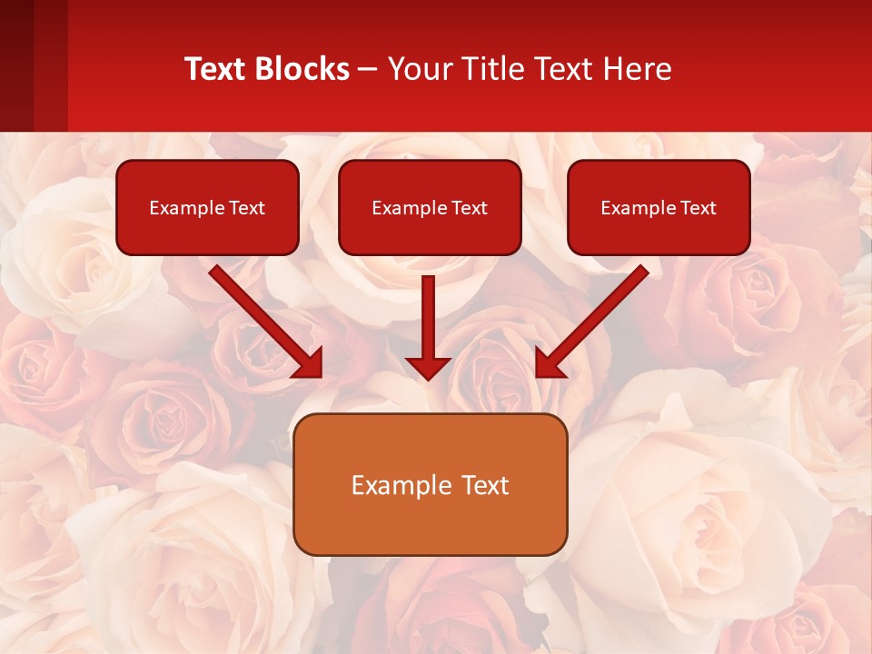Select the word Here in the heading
coord(635,69)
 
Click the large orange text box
coord(430,522)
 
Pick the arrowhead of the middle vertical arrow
coord(428,368)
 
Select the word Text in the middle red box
coord(470,208)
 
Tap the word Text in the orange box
coord(484,485)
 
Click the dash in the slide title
coord(368,69)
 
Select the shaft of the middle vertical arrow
coord(428,313)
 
